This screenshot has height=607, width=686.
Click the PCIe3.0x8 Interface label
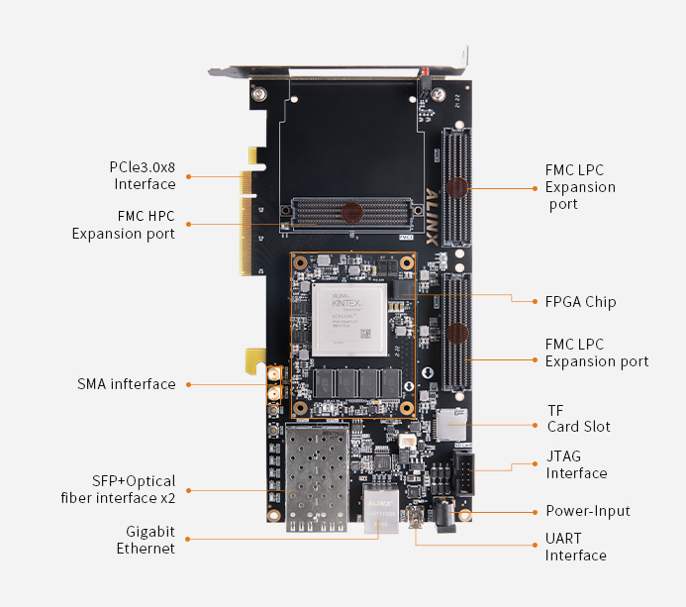[144, 175]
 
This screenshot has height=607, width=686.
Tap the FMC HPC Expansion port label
[123, 225]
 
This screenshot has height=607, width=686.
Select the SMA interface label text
[127, 384]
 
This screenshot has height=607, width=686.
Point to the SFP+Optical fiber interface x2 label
[120, 489]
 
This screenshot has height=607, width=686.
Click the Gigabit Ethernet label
[146, 540]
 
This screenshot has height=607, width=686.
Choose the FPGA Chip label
[580, 301]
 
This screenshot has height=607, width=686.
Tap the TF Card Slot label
[578, 418]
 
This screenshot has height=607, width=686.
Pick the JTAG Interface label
[576, 464]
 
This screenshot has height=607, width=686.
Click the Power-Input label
[587, 511]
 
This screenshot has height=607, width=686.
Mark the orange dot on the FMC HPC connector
[349, 210]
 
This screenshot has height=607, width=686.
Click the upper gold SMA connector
[271, 375]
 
